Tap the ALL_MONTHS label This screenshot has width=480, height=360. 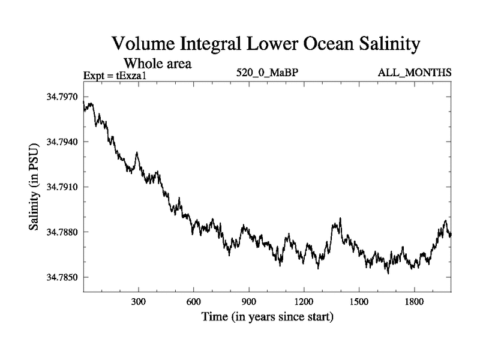414,73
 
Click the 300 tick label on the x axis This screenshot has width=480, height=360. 139,302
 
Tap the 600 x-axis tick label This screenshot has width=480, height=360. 194,302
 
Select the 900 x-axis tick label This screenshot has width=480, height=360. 249,302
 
